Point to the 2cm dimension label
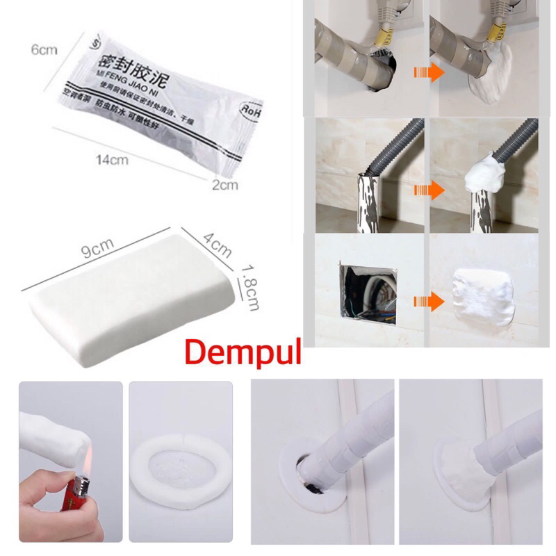coord(224,184)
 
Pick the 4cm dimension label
coord(218,245)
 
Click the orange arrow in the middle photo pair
coord(425,188)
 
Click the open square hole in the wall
coord(368,293)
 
